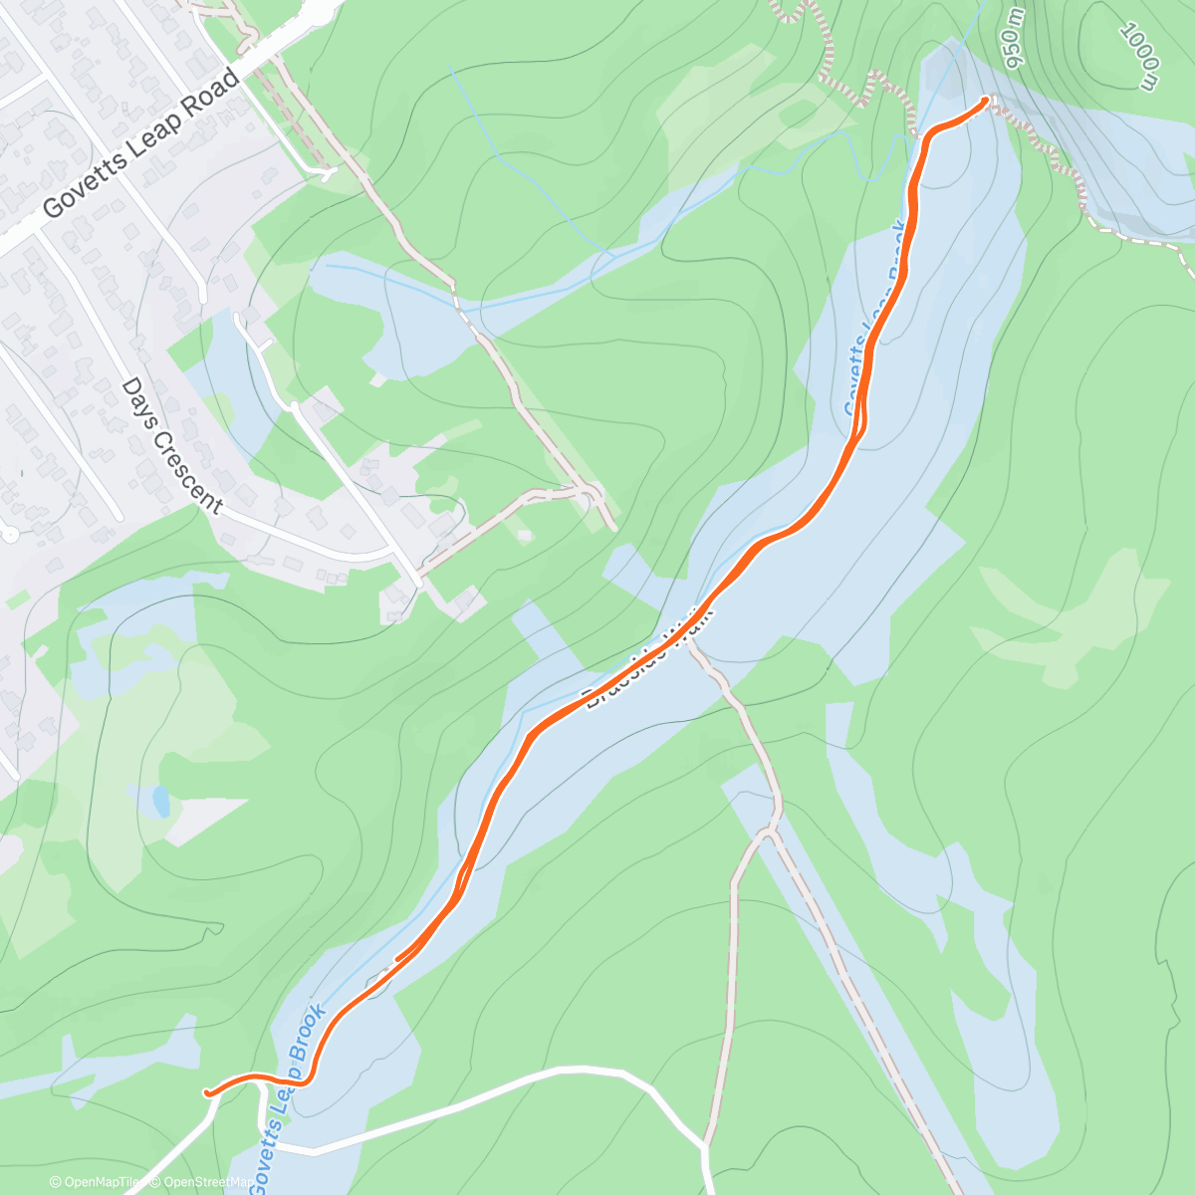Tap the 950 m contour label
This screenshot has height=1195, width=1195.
1014,39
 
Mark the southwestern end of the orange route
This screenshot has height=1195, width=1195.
208,1092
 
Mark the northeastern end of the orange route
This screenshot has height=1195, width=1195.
986,100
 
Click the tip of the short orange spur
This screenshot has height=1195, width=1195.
397,959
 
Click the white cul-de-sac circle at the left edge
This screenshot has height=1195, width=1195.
10,535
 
